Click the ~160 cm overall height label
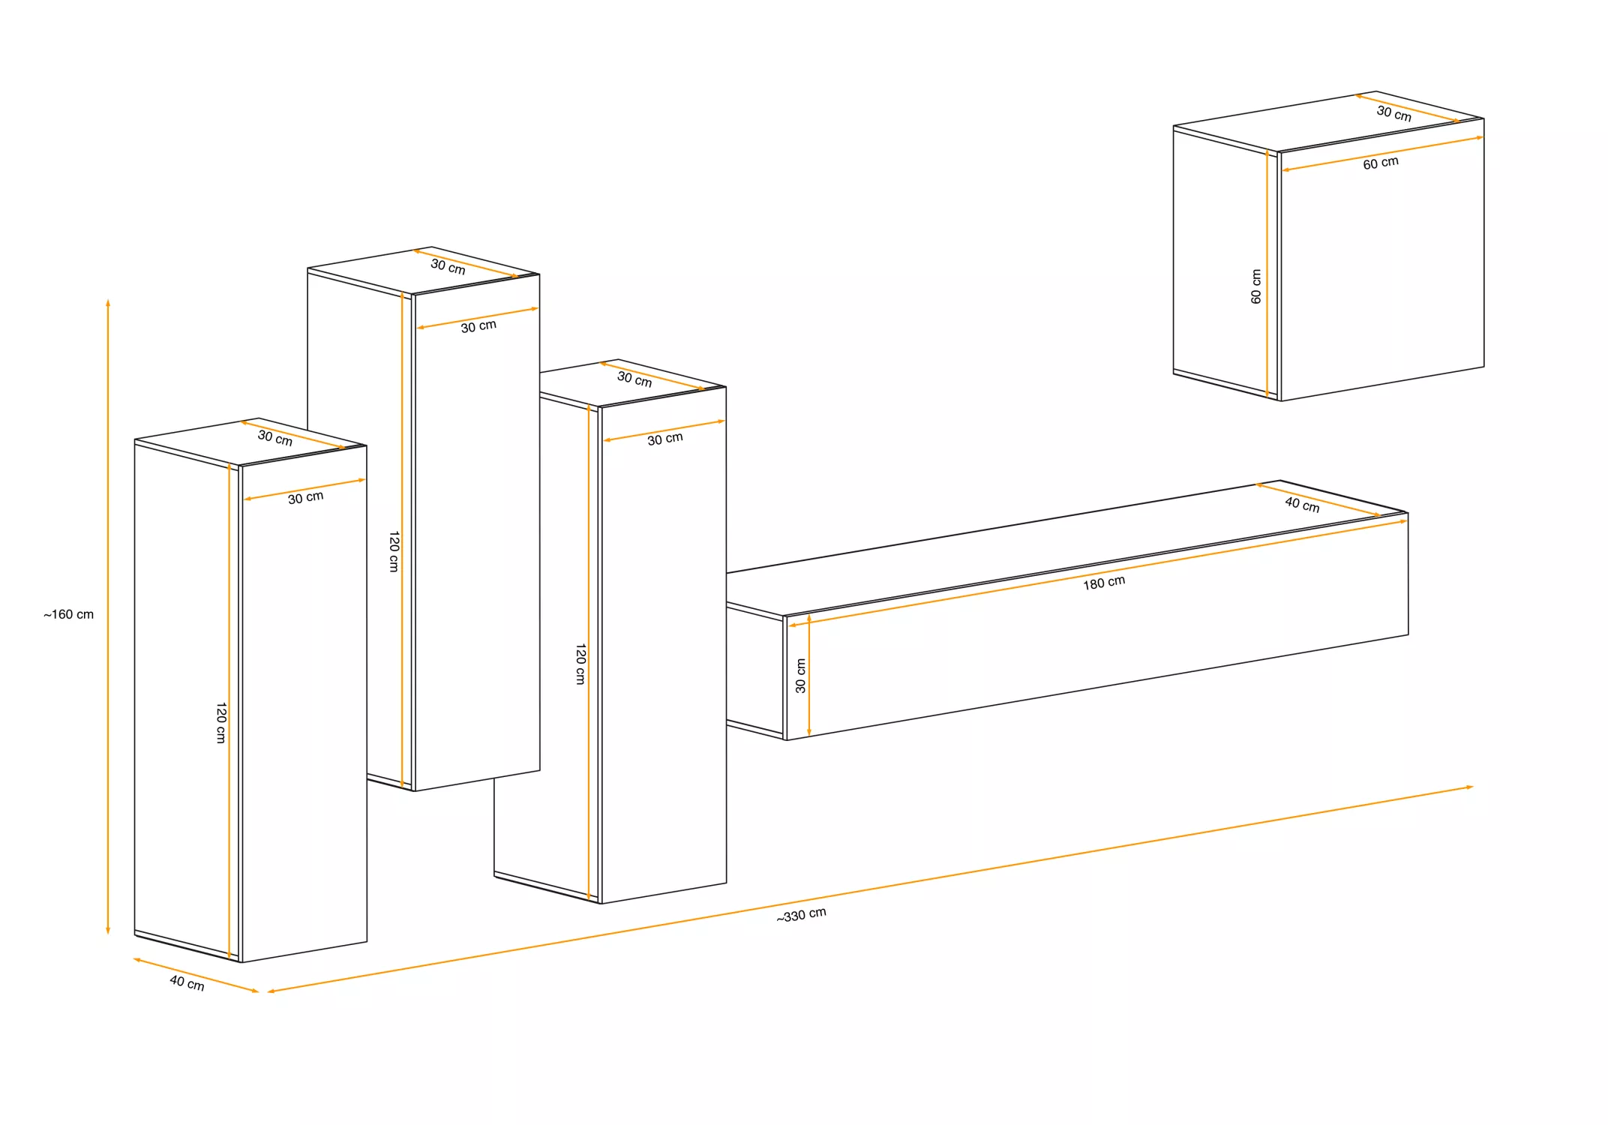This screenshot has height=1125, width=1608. [68, 614]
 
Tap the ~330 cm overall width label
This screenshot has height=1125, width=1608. [801, 915]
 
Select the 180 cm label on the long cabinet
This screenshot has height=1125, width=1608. [1104, 583]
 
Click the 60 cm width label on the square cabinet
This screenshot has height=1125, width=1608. [1381, 163]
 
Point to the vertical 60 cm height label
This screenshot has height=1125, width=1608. [1256, 286]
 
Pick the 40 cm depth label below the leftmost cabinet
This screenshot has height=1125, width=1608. [187, 982]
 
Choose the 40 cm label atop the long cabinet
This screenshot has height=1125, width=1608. [1302, 504]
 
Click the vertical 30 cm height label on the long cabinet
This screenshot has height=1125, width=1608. [800, 676]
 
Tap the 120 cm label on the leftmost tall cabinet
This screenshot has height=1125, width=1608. [221, 723]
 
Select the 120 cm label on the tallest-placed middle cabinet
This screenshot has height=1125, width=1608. [394, 552]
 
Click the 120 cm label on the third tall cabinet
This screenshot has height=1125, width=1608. [580, 664]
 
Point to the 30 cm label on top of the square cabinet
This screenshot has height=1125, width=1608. [1394, 113]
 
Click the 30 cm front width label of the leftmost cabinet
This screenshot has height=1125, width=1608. [306, 497]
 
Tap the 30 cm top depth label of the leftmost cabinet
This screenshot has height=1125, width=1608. [275, 437]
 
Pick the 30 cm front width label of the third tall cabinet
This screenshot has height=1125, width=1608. [665, 439]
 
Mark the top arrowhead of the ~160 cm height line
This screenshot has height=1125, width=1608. [108, 303]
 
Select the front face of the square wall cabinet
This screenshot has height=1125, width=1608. [1382, 259]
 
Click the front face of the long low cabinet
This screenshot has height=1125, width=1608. [1096, 626]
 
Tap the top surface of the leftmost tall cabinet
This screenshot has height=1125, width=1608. [250, 442]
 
